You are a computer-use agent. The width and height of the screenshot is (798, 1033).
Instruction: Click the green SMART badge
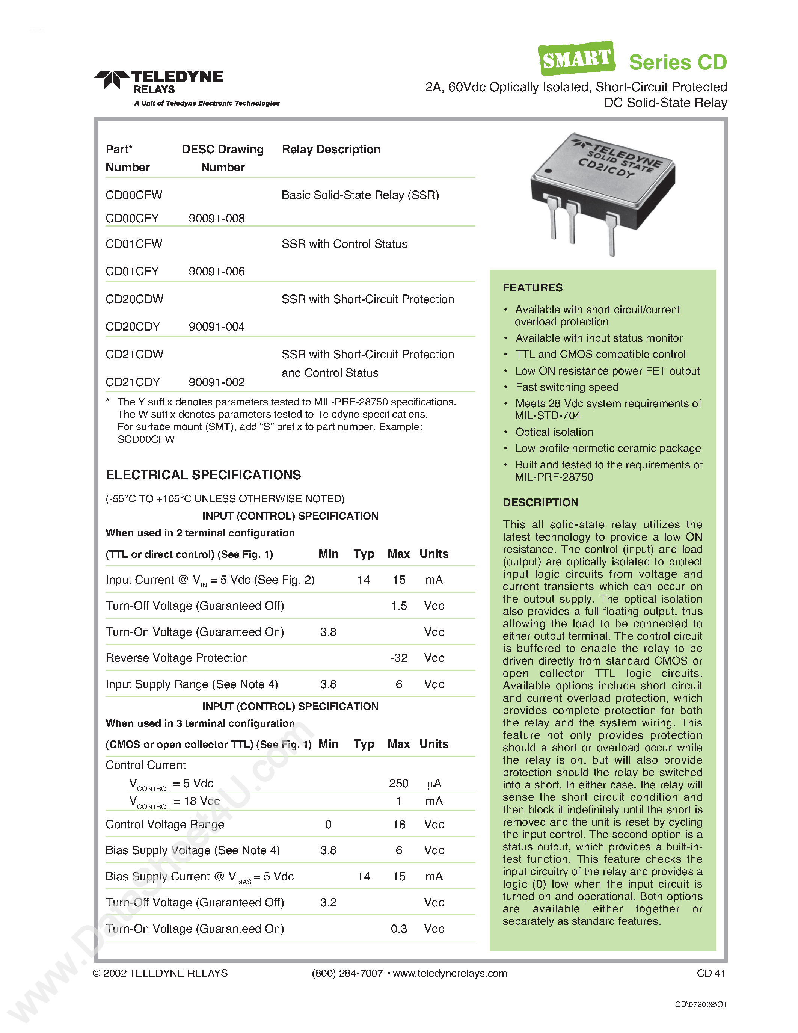pos(576,59)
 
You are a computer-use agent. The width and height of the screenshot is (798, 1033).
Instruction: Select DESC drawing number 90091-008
pos(217,219)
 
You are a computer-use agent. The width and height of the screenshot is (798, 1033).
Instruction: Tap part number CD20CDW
pos(134,299)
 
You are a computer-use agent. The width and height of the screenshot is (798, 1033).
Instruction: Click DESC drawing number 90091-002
pos(217,382)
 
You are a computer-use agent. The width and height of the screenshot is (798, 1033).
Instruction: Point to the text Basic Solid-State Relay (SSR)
pos(360,195)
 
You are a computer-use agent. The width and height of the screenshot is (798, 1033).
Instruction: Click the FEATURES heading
pos(533,288)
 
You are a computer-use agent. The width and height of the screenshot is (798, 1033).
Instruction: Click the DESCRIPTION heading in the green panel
pos(540,502)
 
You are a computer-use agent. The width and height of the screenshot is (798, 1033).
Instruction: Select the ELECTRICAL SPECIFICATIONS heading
pos(203,475)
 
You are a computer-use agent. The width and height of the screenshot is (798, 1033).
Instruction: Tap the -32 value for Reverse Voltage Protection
pos(398,658)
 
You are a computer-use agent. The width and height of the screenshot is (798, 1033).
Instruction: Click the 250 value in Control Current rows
pos(398,783)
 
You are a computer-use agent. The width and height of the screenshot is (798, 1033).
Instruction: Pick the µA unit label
pos(434,784)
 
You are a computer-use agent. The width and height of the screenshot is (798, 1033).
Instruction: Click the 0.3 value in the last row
pos(398,929)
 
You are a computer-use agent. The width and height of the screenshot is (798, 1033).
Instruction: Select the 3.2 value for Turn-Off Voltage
pos(328,902)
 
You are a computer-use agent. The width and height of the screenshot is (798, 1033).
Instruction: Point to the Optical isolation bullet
pos(554,432)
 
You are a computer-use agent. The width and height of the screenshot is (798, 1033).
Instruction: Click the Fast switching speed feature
pos(566,387)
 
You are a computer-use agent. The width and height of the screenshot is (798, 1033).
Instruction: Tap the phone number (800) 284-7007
pos(347,973)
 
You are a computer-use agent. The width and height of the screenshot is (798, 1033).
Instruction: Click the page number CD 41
pos(711,973)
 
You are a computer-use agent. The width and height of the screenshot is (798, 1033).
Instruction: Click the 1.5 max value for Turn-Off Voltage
pos(398,606)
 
